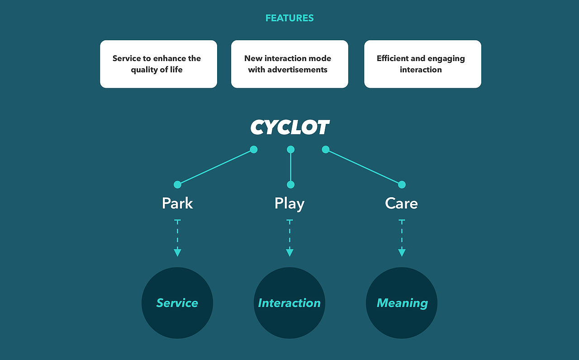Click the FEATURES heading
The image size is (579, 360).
tap(289, 18)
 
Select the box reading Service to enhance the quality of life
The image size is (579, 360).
tap(158, 64)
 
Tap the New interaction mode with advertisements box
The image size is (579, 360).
tap(289, 64)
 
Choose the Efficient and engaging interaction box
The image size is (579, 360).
tap(422, 64)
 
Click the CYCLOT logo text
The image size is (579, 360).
tap(290, 128)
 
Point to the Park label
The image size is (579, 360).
tap(177, 204)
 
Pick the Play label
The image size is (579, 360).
tap(289, 204)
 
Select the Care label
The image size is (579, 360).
tap(401, 204)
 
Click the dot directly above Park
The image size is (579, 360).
tap(177, 185)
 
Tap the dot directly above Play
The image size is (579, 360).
tap(290, 185)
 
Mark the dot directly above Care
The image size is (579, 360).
tap(402, 185)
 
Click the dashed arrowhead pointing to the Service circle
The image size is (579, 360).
tap(177, 252)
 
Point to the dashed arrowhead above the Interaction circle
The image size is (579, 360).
tap(289, 252)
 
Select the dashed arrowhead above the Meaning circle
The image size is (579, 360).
tap(402, 252)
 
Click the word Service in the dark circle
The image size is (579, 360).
tap(177, 303)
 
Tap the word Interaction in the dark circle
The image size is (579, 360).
tap(289, 303)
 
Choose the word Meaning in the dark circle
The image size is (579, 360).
tap(402, 303)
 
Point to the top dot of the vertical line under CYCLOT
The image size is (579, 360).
tap(290, 149)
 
